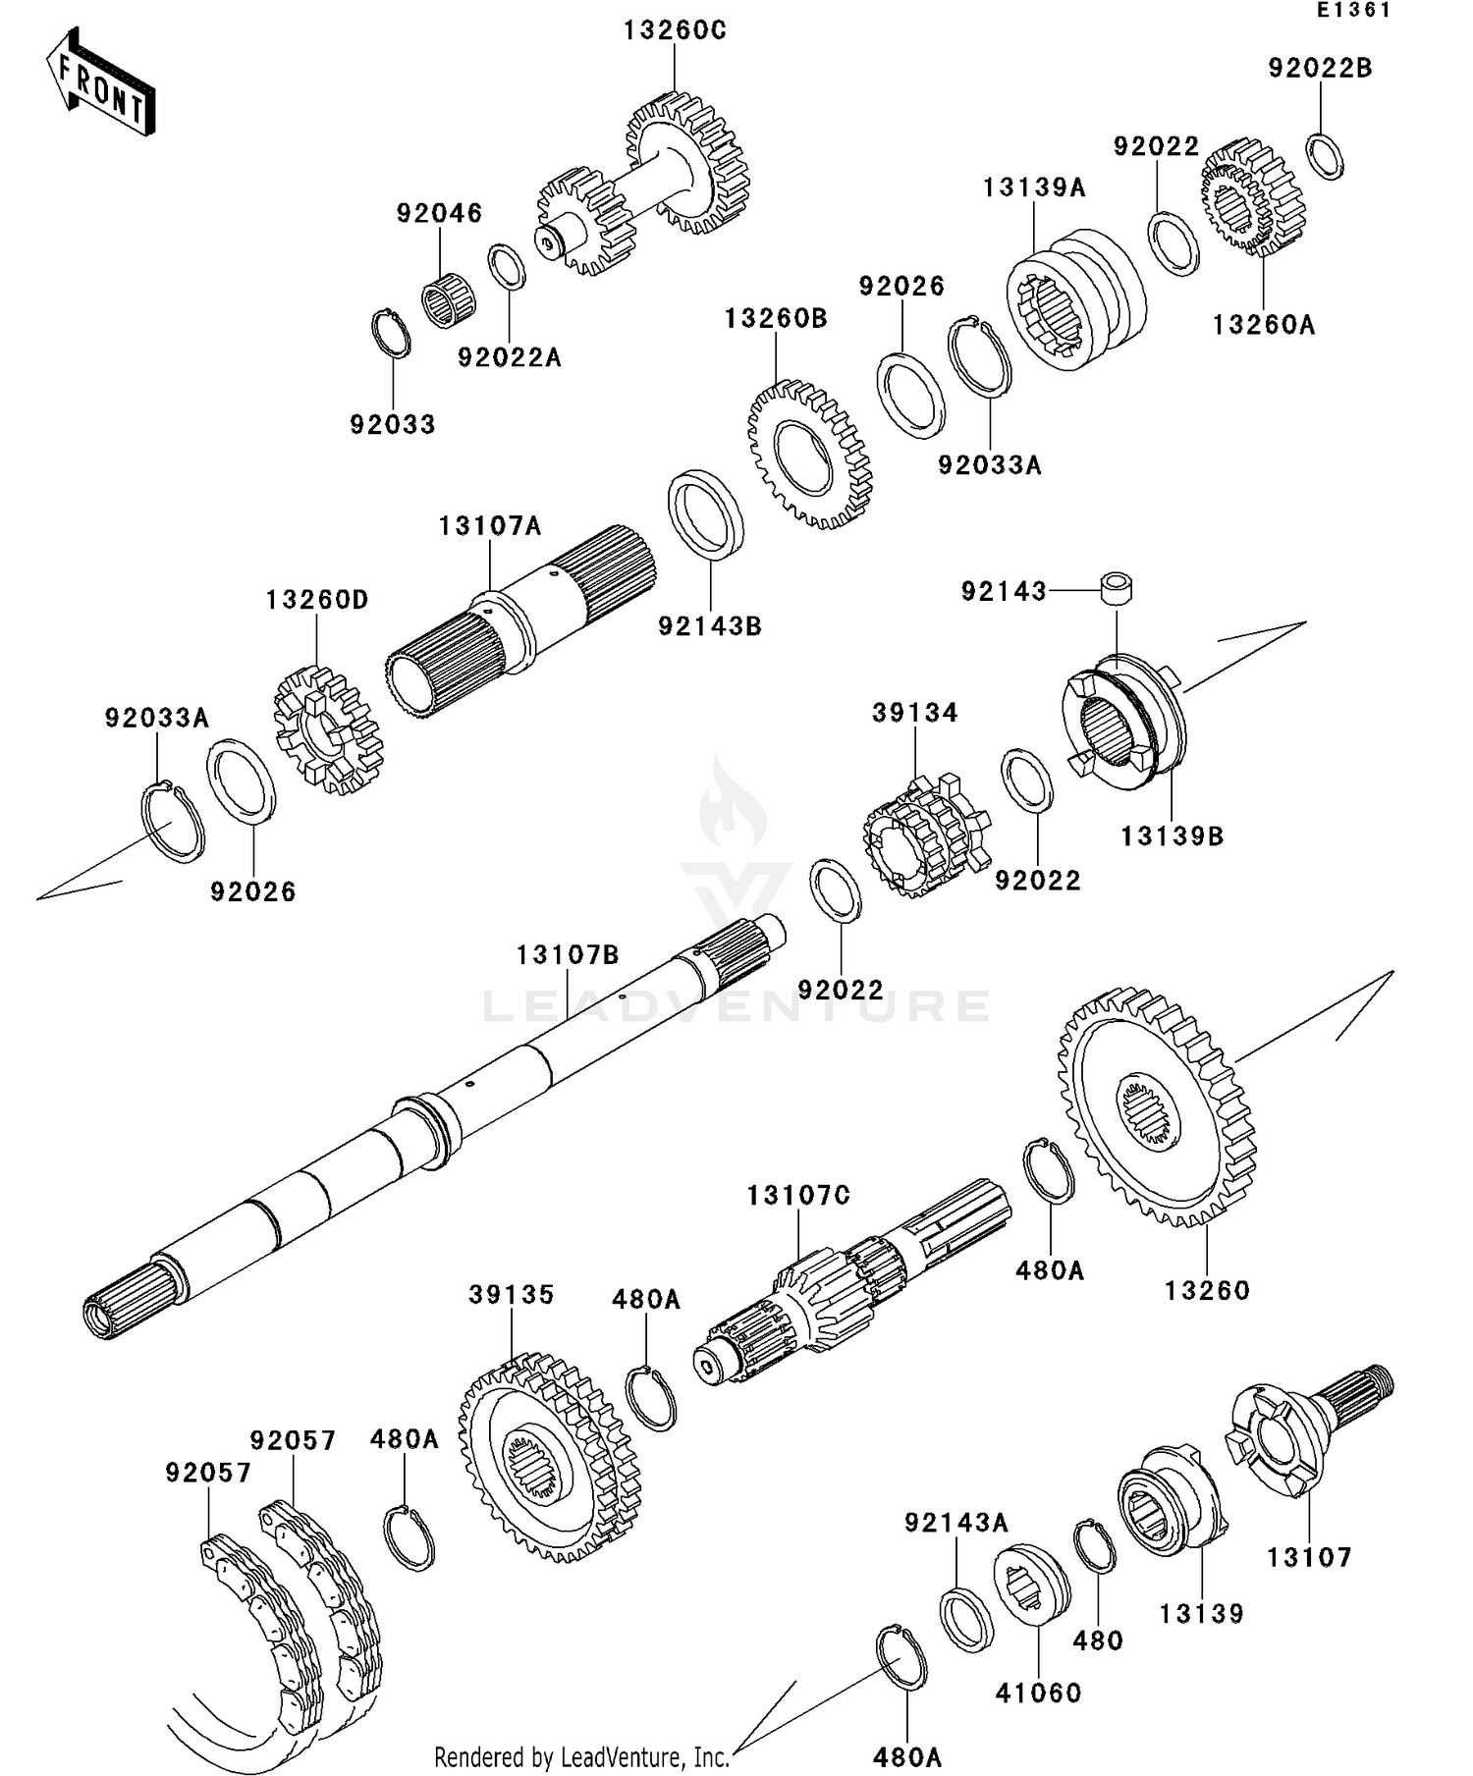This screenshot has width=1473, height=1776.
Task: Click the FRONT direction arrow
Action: [101, 82]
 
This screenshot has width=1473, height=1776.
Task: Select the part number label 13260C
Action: [675, 31]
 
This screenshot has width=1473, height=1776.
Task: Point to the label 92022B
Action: [1320, 69]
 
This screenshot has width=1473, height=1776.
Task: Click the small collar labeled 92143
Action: [1117, 589]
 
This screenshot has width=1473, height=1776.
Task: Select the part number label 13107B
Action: [569, 954]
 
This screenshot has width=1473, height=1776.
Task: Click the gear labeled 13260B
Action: [809, 455]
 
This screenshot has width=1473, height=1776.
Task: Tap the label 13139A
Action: [1034, 188]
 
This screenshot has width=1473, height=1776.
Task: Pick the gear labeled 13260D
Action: [328, 730]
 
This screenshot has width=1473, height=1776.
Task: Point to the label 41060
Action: [1038, 1693]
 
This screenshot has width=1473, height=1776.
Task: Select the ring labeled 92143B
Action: [706, 514]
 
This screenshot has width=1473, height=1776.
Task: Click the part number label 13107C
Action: [798, 1196]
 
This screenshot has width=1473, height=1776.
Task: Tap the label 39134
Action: [914, 713]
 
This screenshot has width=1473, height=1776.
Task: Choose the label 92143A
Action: [955, 1523]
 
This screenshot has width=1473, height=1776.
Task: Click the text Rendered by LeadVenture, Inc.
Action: [581, 1756]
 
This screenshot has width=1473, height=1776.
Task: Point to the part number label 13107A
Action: [489, 526]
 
